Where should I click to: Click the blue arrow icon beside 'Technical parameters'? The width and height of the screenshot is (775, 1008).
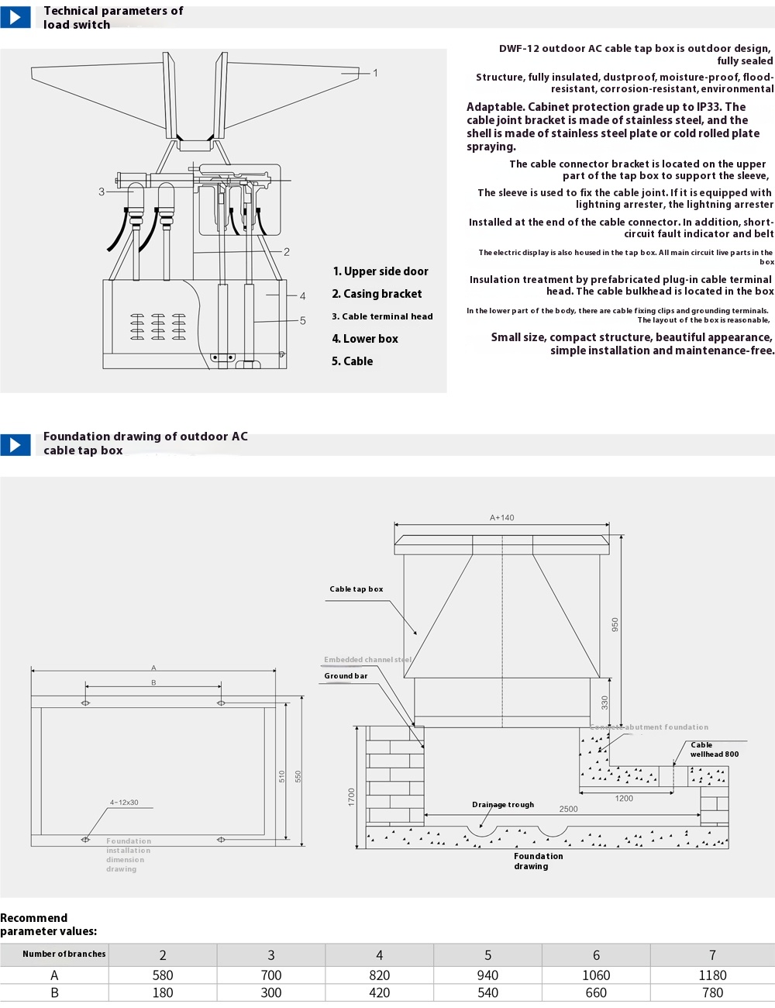15,17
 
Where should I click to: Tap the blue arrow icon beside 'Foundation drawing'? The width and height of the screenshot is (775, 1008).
15,444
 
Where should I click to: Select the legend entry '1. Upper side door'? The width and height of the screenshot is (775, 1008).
380,271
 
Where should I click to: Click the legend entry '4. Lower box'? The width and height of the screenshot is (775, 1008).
364,339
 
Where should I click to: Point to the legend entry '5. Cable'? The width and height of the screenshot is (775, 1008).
352,361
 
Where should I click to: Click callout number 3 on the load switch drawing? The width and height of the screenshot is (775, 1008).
102,192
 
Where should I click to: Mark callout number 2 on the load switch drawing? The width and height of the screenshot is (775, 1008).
287,252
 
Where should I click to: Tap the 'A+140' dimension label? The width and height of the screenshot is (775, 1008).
501,518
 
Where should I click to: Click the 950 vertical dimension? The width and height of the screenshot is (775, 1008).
615,624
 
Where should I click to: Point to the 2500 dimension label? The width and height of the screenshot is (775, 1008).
568,809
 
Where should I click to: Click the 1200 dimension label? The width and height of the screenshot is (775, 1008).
624,798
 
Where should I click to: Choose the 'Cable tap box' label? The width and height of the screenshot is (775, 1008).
356,589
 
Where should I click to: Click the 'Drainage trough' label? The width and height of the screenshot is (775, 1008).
503,805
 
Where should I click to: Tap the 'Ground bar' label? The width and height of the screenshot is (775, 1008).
346,676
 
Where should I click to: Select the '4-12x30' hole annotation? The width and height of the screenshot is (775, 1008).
124,803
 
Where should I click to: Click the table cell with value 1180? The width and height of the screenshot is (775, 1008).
712,975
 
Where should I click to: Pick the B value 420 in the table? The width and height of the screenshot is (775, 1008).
379,993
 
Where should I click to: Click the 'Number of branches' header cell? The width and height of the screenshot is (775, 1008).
64,954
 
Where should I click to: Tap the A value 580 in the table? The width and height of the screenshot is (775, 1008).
163,975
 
